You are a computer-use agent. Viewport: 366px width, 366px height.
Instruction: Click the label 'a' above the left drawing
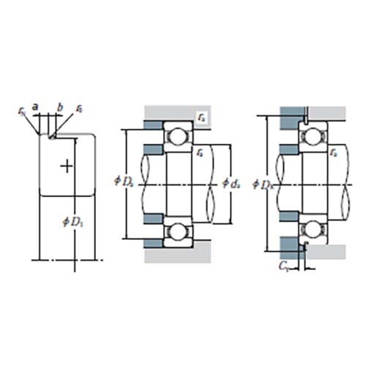pyautogui.click(x=45, y=106)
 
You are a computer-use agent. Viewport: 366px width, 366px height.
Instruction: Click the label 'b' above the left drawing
pyautogui.click(x=60, y=107)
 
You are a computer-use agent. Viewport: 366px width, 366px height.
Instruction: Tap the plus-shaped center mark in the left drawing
pyautogui.click(x=67, y=166)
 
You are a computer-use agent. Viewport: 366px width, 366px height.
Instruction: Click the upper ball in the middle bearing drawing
pyautogui.click(x=176, y=137)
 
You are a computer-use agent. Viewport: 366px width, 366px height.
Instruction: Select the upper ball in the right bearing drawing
pyautogui.click(x=313, y=136)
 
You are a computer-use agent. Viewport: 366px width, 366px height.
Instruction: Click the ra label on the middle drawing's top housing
pyautogui.click(x=201, y=115)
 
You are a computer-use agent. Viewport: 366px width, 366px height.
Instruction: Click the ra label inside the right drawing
pyautogui.click(x=334, y=152)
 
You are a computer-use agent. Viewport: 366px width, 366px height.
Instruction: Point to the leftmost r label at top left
pyautogui.click(x=22, y=111)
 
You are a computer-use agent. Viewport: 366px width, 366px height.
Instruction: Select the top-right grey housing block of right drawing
pyautogui.click(x=326, y=114)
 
